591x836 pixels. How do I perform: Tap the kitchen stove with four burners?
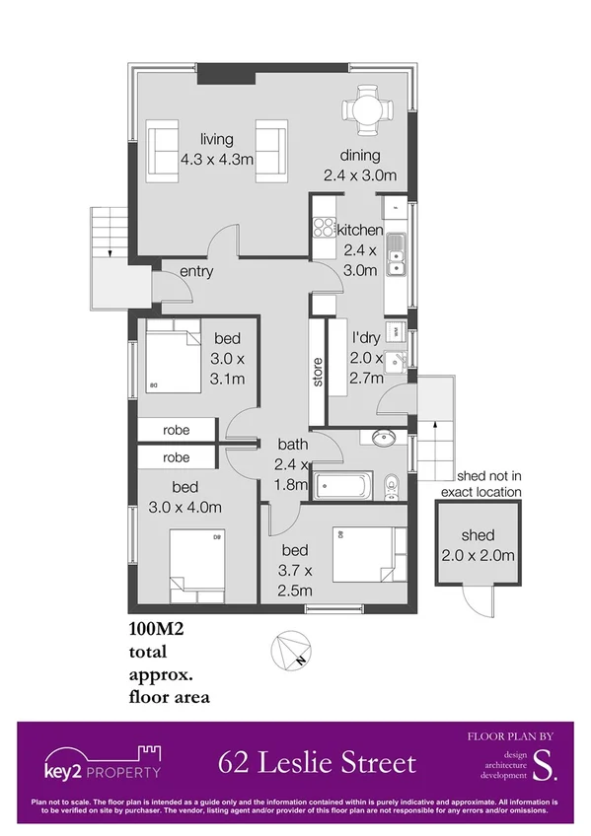pyautogui.click(x=324, y=226)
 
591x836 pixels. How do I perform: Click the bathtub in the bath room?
pyautogui.click(x=342, y=484)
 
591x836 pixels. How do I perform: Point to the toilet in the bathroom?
pyautogui.click(x=391, y=484)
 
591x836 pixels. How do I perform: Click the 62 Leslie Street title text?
pyautogui.click(x=317, y=762)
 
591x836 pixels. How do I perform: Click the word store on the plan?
pyautogui.click(x=318, y=372)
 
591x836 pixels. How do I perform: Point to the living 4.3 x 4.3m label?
pyautogui.click(x=217, y=148)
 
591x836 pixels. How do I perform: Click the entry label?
pyautogui.click(x=195, y=272)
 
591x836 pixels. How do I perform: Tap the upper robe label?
pyautogui.click(x=177, y=430)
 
